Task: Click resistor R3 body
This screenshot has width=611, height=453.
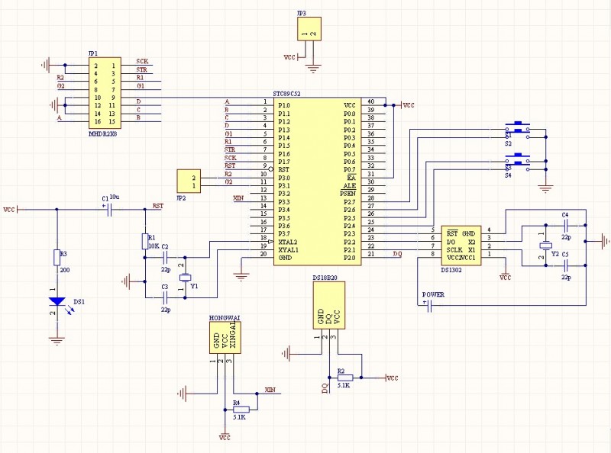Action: click(x=57, y=257)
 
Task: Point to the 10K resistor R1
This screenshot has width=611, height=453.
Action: click(x=144, y=242)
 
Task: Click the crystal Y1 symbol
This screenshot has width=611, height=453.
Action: click(x=183, y=277)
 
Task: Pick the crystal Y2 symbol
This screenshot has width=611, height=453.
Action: click(x=544, y=246)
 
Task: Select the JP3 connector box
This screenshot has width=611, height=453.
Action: click(x=309, y=30)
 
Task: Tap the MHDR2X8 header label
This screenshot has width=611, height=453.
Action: click(x=102, y=133)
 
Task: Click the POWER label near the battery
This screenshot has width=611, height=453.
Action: click(x=434, y=294)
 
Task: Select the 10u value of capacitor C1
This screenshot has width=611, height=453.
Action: click(x=115, y=198)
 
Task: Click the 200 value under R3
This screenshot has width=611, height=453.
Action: click(x=64, y=270)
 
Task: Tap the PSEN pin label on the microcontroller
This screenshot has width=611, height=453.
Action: click(x=348, y=194)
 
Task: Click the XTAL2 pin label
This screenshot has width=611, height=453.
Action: click(x=289, y=242)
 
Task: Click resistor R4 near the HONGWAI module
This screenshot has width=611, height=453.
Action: click(x=240, y=409)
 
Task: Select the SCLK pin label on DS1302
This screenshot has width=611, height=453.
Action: click(x=455, y=249)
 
